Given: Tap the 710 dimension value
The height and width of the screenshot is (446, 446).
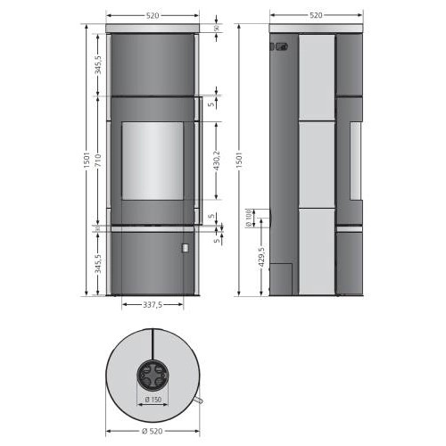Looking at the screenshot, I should point(98,161).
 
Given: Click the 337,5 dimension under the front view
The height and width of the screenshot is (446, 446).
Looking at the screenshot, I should point(152,305).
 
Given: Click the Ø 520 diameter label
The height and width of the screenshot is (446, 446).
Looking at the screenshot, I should point(152,433).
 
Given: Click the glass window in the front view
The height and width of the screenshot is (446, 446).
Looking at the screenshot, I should point(152,161).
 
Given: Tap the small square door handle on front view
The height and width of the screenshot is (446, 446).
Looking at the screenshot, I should point(186,247).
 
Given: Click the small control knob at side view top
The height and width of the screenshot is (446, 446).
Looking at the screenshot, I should point(278,47).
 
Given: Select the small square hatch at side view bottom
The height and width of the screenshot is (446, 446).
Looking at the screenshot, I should point(280,277).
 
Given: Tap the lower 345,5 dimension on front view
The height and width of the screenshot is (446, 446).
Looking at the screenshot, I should point(98,262).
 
